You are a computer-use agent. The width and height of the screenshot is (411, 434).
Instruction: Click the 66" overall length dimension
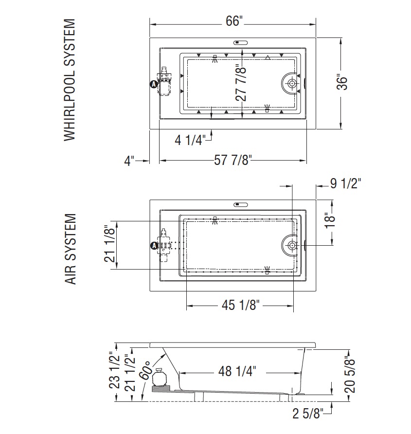click(234, 21)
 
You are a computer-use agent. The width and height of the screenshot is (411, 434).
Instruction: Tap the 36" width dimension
click(342, 82)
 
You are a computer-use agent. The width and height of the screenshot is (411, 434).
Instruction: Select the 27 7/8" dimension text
click(241, 83)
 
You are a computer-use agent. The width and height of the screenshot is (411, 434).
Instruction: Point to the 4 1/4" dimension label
click(190, 140)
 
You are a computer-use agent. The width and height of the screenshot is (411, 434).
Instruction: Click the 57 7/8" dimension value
click(233, 160)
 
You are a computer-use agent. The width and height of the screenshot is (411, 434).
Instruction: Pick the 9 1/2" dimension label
click(346, 183)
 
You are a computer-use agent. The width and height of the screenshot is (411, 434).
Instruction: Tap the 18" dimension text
click(330, 220)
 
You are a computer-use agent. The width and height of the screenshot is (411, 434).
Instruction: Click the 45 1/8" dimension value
click(240, 305)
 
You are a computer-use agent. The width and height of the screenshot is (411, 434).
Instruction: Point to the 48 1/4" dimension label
click(237, 371)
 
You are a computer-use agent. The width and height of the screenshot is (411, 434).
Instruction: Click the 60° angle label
click(144, 370)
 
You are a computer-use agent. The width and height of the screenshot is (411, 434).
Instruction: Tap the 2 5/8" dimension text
click(308, 414)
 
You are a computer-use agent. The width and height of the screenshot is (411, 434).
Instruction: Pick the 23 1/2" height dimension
click(114, 370)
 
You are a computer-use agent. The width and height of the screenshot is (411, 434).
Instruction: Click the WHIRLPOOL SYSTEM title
click(70, 80)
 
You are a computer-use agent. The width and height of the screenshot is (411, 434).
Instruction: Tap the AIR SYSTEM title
click(71, 249)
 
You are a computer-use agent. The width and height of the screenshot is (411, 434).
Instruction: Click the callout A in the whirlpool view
click(153, 84)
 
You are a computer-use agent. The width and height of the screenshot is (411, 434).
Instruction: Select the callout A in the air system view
click(154, 245)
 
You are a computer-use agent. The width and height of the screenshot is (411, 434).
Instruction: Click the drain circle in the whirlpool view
click(292, 83)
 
